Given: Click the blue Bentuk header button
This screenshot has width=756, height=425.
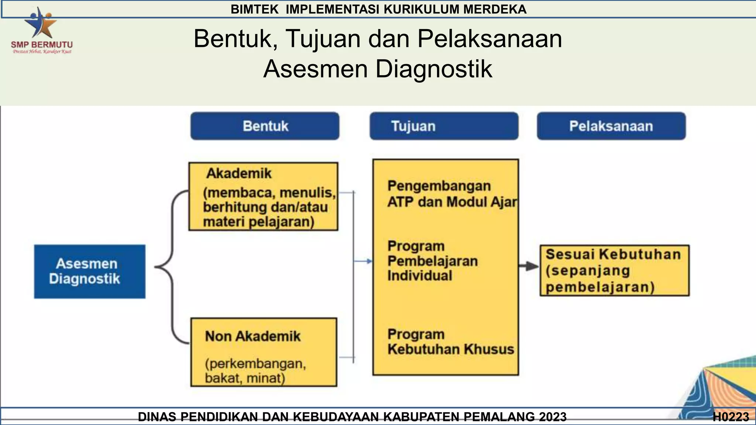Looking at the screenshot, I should pos(265,126).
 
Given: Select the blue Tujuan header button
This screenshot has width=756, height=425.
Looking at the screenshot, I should pos(444,126).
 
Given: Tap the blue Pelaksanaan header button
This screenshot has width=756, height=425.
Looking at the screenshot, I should pos(611,126).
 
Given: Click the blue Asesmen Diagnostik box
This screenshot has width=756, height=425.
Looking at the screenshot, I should pos(89,271).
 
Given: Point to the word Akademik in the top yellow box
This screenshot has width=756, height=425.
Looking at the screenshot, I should pos(239,173).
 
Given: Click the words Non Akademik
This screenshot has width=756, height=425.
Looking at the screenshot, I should pos(253,336).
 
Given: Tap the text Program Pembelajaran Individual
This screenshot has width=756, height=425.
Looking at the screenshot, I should pos(432,261).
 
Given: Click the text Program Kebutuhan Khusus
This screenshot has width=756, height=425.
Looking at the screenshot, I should pos(450,342).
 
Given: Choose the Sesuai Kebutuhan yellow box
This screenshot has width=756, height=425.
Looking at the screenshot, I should pos(614,270).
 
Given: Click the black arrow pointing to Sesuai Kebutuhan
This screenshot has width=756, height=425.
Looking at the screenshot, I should pos(529,266).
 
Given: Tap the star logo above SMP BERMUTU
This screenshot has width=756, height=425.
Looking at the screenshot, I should pos(41,23).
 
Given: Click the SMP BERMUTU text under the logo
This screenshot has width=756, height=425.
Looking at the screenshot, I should pos(42,45).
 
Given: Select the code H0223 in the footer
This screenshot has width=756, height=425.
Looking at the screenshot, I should pos(731,417).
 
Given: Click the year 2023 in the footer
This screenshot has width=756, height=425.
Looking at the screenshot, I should pos(552,417).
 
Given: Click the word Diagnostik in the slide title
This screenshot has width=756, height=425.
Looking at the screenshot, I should pos(434,69).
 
